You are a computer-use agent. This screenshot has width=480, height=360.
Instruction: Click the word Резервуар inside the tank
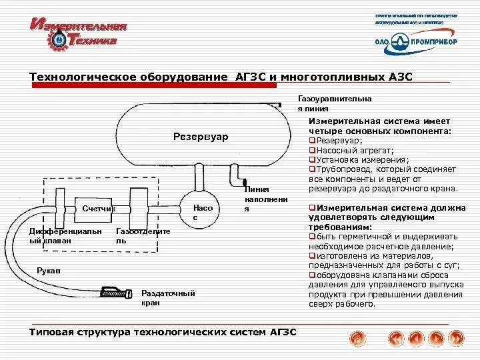click(x=201, y=137)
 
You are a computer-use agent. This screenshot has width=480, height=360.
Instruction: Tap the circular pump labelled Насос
click(x=203, y=212)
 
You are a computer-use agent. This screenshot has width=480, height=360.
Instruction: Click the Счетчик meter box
click(x=97, y=209)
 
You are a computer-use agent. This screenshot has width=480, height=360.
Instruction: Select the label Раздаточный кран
click(x=168, y=297)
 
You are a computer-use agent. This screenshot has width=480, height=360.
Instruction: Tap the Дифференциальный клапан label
click(x=65, y=236)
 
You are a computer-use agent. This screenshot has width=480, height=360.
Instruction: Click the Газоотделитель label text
click(x=143, y=236)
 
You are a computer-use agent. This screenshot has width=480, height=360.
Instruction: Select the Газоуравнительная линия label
click(x=334, y=103)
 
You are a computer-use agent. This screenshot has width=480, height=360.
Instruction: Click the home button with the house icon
click(x=357, y=339)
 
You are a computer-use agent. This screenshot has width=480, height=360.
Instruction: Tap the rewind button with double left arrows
click(x=395, y=339)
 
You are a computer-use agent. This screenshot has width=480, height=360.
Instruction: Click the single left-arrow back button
click(x=416, y=339)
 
